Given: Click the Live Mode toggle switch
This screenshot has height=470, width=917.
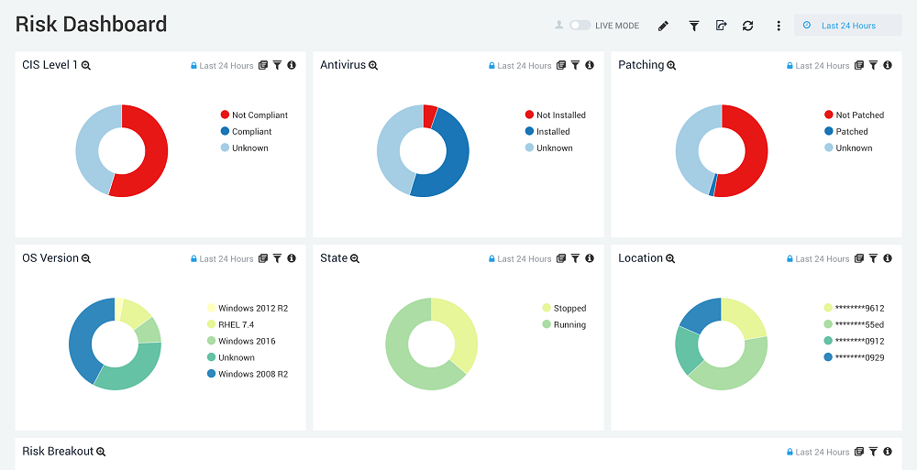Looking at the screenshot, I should click(x=580, y=26).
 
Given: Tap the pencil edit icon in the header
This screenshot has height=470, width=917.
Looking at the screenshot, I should click(x=664, y=26).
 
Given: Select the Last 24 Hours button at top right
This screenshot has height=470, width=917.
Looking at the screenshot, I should click(x=848, y=26).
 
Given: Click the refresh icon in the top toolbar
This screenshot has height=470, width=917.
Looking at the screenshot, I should click(x=748, y=26).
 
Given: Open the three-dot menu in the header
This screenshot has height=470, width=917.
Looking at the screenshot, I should click(x=779, y=26).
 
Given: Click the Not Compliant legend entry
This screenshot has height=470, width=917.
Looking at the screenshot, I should click(x=259, y=115).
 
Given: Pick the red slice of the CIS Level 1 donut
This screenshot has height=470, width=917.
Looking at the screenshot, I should click(x=152, y=151).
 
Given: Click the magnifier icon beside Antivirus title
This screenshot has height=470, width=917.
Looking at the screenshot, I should click(x=373, y=66).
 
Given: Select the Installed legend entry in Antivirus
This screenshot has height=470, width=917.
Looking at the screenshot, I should click(x=552, y=132).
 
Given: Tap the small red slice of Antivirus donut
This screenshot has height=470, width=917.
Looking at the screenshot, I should click(x=429, y=115).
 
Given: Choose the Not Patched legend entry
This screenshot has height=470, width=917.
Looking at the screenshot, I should click(x=858, y=115).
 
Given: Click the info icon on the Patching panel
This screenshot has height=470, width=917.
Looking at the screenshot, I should click(x=888, y=66).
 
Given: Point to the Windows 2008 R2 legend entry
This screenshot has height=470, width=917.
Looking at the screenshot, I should click(x=252, y=374).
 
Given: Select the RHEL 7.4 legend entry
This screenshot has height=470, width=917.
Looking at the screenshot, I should click(x=236, y=324).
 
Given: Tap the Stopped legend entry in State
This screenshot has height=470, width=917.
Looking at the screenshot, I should click(x=569, y=309).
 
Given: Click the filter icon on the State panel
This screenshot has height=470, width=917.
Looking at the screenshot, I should click(x=575, y=259).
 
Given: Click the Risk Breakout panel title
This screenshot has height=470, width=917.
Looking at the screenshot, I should click(x=58, y=452).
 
